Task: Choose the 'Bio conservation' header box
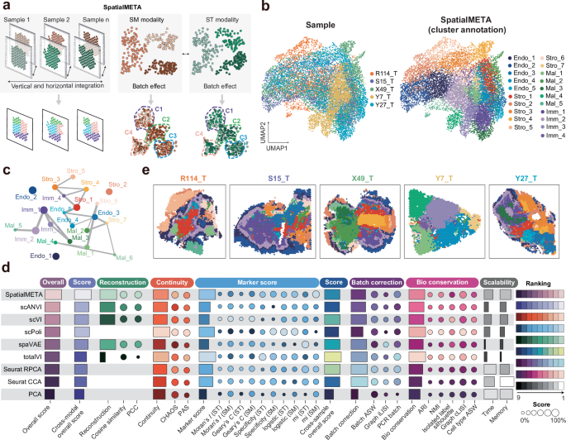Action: pos(435,282)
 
